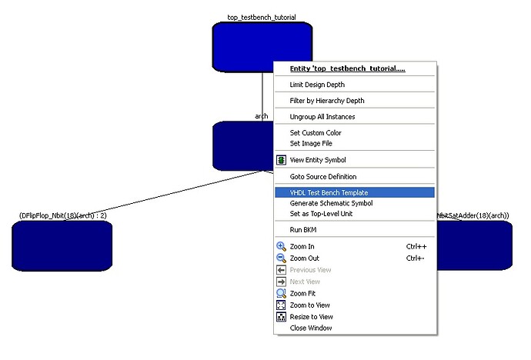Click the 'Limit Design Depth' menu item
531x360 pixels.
[317, 85]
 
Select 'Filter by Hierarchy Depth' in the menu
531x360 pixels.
[327, 101]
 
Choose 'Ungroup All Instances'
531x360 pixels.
[322, 117]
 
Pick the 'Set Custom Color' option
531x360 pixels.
[316, 133]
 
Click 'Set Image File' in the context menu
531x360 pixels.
[311, 143]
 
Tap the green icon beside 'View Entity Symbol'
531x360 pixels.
[282, 160]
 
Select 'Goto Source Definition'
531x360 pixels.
[323, 177]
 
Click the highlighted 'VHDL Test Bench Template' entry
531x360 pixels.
[329, 192]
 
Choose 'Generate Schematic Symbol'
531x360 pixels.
[331, 203]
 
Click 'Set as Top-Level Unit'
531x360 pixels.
[321, 214]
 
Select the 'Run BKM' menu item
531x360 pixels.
[303, 230]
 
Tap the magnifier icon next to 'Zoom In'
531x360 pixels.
[282, 246]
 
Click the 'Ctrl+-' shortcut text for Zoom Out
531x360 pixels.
[416, 258]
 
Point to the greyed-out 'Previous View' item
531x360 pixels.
[310, 270]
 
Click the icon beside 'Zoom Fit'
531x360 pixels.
[282, 293]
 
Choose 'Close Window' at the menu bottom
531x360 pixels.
[311, 328]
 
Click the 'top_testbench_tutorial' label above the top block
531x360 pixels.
[262, 17]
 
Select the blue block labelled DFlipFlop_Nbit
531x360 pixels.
[62, 245]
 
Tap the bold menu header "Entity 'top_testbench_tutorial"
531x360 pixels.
[347, 68]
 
